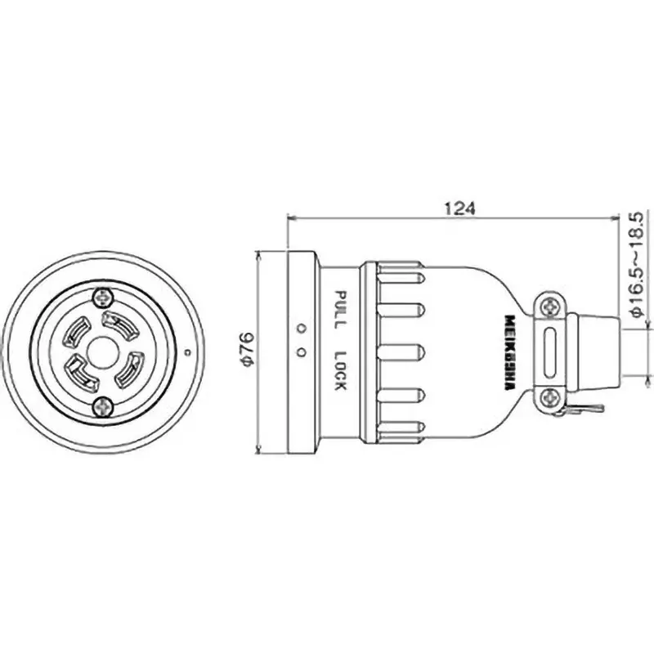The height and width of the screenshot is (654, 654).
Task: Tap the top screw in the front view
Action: pyautogui.click(x=103, y=297)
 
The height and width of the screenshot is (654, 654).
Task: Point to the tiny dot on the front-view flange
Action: pyautogui.click(x=187, y=353)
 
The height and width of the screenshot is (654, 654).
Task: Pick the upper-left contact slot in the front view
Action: pyautogui.click(x=75, y=331)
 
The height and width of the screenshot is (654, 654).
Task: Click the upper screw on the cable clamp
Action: pyautogui.click(x=549, y=306)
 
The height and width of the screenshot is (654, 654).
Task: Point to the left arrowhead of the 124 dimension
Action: pyautogui.click(x=292, y=217)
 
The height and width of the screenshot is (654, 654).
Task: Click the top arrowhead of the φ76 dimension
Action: pyautogui.click(x=258, y=253)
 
